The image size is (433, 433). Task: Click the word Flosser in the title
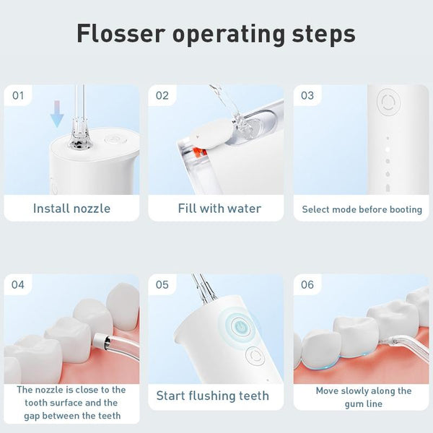point(121,34)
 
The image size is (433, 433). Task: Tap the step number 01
point(18,96)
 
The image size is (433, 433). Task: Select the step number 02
point(162,96)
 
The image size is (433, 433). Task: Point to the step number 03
point(307,96)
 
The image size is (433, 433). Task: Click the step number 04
point(18,285)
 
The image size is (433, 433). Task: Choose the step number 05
point(162,285)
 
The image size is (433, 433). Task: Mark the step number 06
point(307,285)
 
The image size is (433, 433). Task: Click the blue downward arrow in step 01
point(57,114)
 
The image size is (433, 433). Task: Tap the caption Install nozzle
point(71,209)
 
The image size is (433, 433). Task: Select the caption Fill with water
point(219,209)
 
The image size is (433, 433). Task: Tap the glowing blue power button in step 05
point(240,327)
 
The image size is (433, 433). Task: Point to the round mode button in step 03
point(388,102)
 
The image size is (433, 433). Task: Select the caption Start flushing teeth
point(213,395)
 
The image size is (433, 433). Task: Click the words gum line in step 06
point(364,404)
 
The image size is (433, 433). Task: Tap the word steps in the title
point(324,35)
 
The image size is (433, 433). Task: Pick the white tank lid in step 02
point(211,133)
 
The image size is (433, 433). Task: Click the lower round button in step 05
point(255,356)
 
